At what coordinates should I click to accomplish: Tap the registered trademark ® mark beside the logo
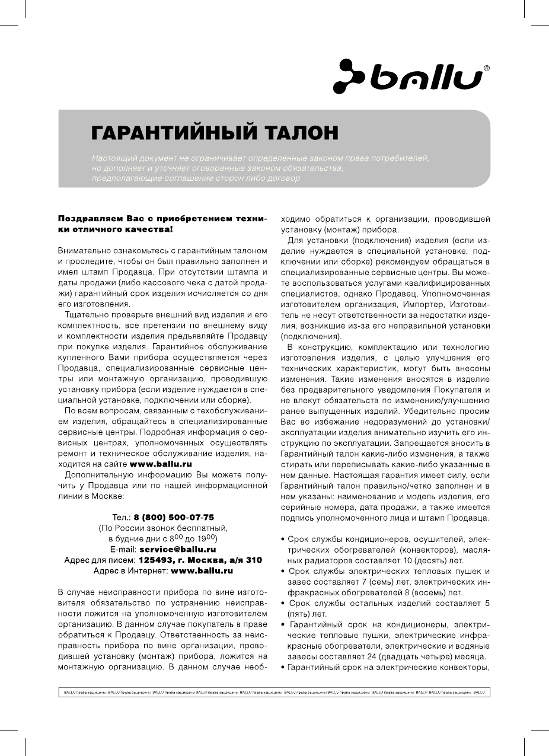click(487, 69)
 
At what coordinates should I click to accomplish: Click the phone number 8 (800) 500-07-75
click(174, 517)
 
